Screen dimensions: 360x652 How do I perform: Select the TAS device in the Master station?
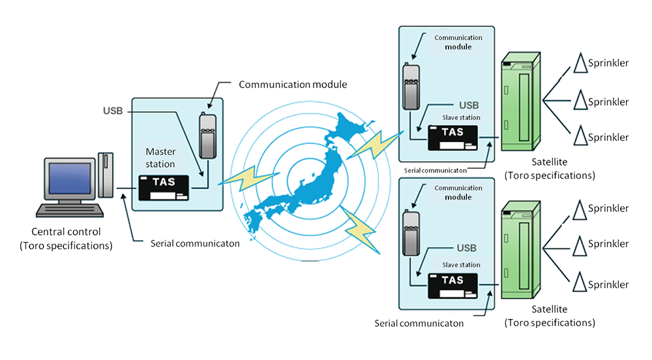pyautogui.click(x=163, y=187)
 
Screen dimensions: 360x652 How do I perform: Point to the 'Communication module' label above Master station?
pyautogui.click(x=293, y=84)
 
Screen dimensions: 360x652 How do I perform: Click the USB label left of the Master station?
pyautogui.click(x=112, y=110)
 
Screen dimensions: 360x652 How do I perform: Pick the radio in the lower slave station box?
pyautogui.click(x=409, y=233)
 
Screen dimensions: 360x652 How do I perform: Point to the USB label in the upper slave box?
pyautogui.click(x=469, y=104)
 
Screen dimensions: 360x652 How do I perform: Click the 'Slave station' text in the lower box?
pyautogui.click(x=461, y=265)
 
